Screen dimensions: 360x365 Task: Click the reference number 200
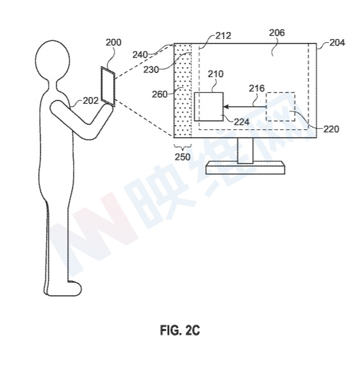point(113,42)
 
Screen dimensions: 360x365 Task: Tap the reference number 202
point(91,101)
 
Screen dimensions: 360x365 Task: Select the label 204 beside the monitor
point(337,43)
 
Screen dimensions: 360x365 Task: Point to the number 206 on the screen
point(277,33)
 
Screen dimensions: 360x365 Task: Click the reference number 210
point(216,74)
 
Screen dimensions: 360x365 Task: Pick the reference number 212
point(224,36)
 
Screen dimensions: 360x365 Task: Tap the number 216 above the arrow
point(257,88)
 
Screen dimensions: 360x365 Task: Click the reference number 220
point(331,129)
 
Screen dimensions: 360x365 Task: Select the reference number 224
point(241,122)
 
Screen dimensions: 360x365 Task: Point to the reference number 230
point(151,70)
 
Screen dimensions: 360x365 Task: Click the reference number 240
point(140,55)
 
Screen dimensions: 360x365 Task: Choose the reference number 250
point(183,157)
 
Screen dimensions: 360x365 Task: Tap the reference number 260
point(160,94)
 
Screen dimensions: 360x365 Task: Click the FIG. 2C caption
point(180,330)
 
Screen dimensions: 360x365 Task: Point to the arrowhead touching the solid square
point(226,107)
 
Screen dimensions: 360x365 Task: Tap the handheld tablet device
point(108,86)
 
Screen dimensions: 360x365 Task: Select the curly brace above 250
point(183,147)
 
